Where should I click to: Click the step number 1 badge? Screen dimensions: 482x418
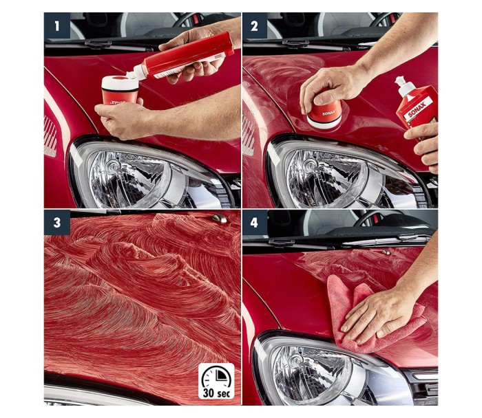pos(57,25)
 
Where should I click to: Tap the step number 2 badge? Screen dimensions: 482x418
pos(255,25)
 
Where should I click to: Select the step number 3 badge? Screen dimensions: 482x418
pos(57,223)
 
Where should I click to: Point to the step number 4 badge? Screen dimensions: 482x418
pos(255,223)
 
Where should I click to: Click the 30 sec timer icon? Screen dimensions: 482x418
pos(216,381)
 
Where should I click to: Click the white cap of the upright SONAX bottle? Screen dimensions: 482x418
pos(403,86)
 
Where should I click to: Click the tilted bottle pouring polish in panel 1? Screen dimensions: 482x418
pos(181,58)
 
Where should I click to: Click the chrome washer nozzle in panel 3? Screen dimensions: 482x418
pos(220,218)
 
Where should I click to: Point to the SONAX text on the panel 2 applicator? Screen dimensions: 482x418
pos(327,113)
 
